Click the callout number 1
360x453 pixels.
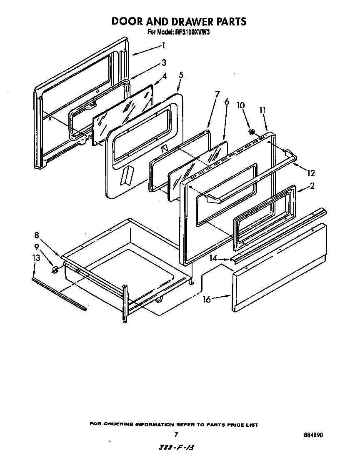click(x=164, y=45)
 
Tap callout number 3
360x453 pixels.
click(x=164, y=63)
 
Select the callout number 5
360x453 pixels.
click(x=181, y=75)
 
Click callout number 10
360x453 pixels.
click(x=240, y=105)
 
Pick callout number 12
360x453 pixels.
click(x=311, y=173)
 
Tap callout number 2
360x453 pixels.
click(x=311, y=186)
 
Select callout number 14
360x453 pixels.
click(x=213, y=258)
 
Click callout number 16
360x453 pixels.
click(x=207, y=299)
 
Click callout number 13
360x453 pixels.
click(x=36, y=258)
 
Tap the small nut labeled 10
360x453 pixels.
click(x=251, y=132)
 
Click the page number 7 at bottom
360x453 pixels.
click(x=176, y=434)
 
